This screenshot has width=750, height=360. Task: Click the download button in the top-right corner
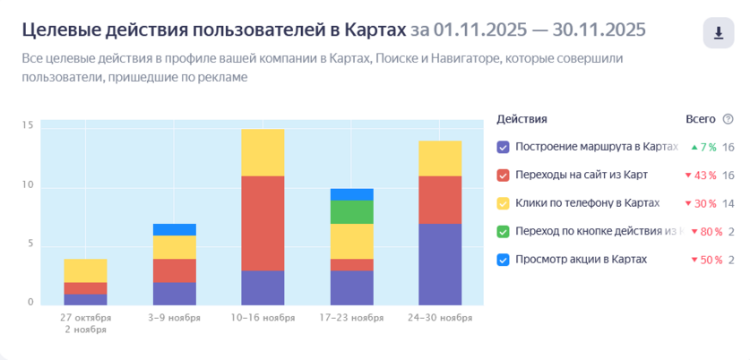(718, 33)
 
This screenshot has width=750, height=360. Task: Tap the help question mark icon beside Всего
(728, 119)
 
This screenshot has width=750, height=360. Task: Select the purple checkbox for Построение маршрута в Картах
(503, 147)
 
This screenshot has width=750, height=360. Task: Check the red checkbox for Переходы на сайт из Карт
(503, 175)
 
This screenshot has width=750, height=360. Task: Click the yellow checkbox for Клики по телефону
(503, 203)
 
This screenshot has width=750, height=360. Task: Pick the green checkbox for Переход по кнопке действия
(503, 232)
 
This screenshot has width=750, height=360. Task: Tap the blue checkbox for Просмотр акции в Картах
(503, 260)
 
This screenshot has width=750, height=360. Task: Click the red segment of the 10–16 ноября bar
(263, 223)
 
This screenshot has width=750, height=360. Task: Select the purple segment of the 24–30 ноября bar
(439, 263)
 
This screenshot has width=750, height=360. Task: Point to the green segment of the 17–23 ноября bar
(351, 211)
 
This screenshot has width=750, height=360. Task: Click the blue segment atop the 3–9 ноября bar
(174, 229)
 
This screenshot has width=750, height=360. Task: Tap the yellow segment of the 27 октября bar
(86, 270)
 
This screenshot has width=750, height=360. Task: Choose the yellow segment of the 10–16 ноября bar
(263, 152)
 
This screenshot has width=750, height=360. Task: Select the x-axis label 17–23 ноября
(351, 317)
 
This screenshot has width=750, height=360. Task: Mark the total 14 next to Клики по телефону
(728, 203)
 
